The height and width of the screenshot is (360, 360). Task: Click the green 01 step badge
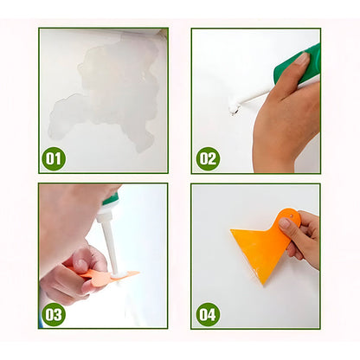pos(54,158)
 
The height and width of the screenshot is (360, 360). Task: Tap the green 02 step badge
pos(208,158)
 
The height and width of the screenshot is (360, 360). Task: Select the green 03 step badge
pos(54,313)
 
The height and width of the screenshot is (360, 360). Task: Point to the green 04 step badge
pos(208,313)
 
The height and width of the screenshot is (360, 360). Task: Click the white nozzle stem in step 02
pos(254,93)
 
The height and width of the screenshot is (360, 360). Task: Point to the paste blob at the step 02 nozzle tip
pos(232,108)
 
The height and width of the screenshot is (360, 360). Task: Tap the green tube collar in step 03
pos(109,200)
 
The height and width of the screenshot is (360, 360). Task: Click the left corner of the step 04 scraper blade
pos(232,231)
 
